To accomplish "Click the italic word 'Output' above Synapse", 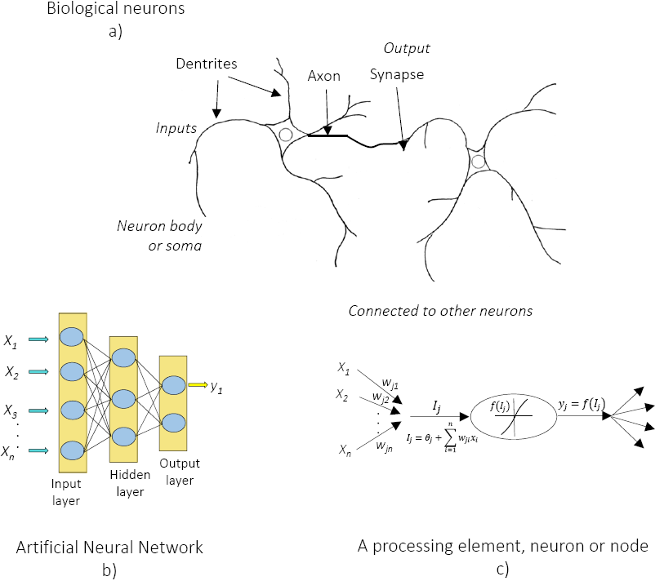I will click(408, 49).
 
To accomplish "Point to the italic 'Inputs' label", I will click(177, 128).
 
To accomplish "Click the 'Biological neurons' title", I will click(115, 10).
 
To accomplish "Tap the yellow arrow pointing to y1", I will click(197, 384).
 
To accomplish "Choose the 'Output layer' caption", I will click(179, 472).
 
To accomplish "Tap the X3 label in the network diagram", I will click(11, 410).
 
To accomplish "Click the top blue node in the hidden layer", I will click(123, 357).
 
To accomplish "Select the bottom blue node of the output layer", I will click(172, 422).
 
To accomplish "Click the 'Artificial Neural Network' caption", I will click(109, 546).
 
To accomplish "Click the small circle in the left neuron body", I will click(285, 135).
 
